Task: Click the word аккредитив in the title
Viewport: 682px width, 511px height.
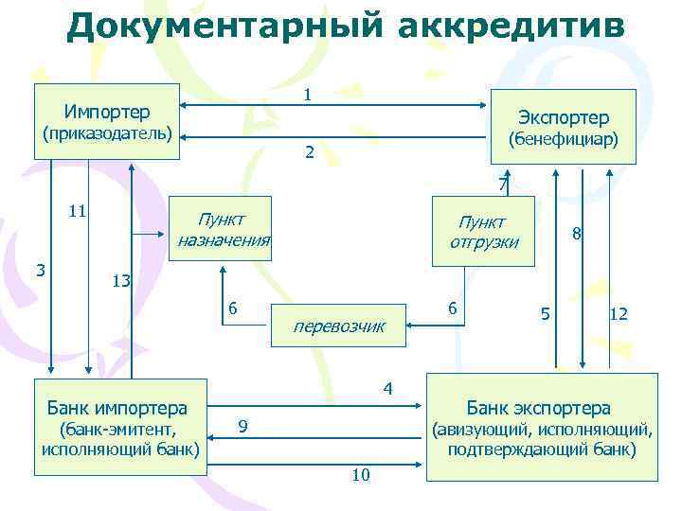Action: (511, 26)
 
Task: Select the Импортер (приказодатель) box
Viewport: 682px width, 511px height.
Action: (106, 122)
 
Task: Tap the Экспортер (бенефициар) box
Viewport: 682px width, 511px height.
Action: (563, 126)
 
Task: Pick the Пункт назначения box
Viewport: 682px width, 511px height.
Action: (224, 228)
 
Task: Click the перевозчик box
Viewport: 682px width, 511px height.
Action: (339, 326)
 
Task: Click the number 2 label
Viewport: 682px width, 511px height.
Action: (309, 151)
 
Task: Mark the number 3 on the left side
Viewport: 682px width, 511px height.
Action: (41, 269)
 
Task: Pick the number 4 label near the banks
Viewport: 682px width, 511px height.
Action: (386, 387)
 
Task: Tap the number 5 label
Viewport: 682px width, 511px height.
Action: (544, 313)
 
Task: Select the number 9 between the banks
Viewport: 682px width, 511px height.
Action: (243, 428)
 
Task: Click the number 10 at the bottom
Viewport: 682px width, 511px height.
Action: (360, 474)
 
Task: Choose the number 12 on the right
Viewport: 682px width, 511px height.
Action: (619, 313)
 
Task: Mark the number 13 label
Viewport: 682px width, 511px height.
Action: (120, 280)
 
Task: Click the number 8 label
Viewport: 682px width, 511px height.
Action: (575, 232)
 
